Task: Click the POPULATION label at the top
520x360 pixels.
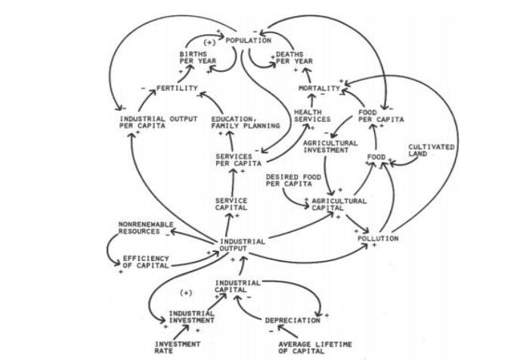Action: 249,39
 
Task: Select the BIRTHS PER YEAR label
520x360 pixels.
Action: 192,58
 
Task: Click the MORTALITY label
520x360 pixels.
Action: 317,88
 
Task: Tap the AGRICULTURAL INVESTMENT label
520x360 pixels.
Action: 326,146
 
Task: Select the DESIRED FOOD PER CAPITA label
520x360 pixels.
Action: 287,180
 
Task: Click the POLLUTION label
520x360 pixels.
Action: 378,238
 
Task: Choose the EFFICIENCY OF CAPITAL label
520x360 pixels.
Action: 145,262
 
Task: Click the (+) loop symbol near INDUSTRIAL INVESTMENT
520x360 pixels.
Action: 187,292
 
